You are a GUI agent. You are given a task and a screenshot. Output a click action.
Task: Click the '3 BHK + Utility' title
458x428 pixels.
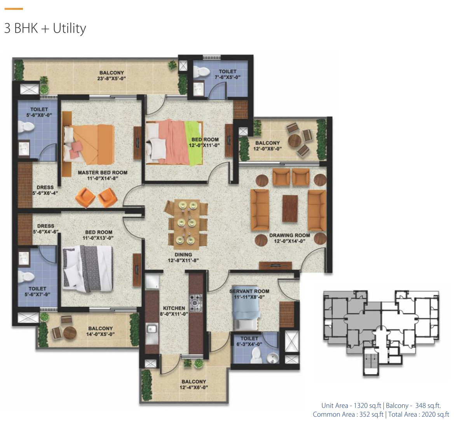click(x=45, y=28)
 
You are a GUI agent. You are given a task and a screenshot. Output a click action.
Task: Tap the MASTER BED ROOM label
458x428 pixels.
click(x=103, y=173)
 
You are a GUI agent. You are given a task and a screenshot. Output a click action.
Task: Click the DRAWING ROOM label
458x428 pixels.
click(x=289, y=235)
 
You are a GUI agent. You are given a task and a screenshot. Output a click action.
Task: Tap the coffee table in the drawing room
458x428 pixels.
click(x=290, y=208)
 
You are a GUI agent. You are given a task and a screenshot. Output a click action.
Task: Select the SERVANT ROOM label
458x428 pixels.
click(x=249, y=291)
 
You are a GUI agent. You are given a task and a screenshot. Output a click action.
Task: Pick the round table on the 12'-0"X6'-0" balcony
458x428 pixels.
click(x=294, y=141)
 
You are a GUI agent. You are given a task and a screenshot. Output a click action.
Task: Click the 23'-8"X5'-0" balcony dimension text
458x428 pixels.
click(x=111, y=79)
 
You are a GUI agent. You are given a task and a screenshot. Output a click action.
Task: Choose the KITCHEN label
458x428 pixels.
click(x=174, y=308)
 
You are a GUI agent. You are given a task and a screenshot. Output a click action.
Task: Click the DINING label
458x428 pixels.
click(x=183, y=255)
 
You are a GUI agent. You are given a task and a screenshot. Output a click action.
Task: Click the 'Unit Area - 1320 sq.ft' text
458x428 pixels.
click(x=352, y=405)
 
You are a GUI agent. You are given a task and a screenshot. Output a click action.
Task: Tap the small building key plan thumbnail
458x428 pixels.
click(x=381, y=333)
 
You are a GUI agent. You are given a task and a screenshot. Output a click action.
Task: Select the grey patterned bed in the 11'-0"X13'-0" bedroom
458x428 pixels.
click(x=87, y=269)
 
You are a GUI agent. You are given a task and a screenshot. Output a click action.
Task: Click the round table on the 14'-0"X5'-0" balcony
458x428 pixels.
click(x=70, y=333)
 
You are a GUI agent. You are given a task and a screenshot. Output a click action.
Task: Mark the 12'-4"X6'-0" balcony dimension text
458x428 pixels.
click(x=194, y=387)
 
